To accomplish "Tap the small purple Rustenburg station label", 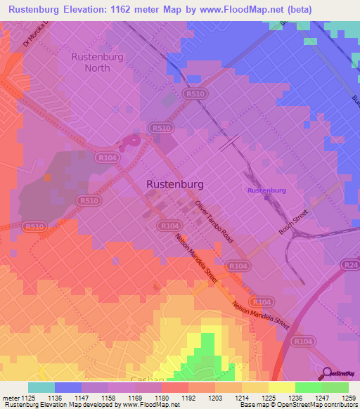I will click(266, 190).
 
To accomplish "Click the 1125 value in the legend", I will click(28, 397).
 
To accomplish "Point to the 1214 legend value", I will click(242, 397).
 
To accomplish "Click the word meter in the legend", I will click(9, 397).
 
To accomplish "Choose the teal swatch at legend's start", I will click(41, 387).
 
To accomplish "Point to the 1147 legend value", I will click(82, 397).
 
